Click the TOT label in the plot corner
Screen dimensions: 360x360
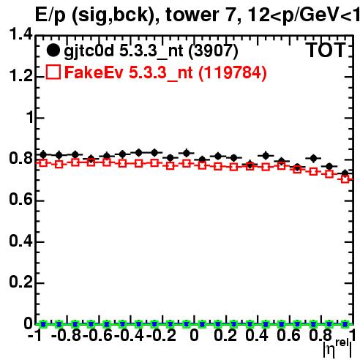326,50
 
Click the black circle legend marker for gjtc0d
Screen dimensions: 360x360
53,50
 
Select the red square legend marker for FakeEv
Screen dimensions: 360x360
53,72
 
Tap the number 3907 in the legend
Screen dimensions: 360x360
214,50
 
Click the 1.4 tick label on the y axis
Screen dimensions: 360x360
20,34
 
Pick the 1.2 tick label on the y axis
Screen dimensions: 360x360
20,75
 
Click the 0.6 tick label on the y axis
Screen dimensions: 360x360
20,199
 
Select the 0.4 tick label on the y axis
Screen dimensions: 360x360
20,241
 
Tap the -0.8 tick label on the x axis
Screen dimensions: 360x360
67,335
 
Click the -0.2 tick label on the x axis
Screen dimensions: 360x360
161,335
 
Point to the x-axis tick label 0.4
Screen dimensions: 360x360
257,335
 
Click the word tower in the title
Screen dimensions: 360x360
192,15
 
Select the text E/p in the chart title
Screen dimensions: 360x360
50,15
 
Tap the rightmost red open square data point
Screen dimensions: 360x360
345,179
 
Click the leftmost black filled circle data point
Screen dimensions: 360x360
43,154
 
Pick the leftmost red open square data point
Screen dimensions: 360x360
43,163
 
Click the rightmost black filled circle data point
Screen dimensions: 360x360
345,173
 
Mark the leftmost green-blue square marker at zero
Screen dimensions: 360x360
43,324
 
